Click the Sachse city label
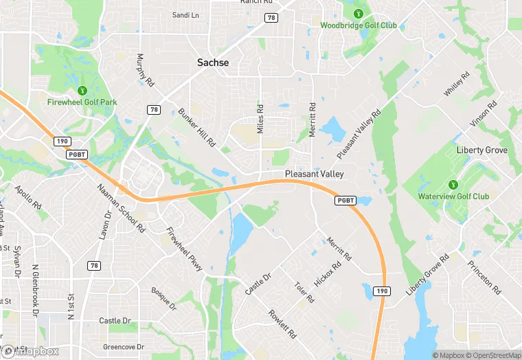213,63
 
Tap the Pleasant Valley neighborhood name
314,175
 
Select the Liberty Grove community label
482,150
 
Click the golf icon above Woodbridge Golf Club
358,13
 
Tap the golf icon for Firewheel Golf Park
82,90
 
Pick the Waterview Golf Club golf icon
453,184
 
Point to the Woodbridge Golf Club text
359,25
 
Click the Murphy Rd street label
141,70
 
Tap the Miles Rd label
260,119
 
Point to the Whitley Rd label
455,83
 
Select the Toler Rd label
303,293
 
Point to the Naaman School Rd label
121,207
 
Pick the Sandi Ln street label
185,15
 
